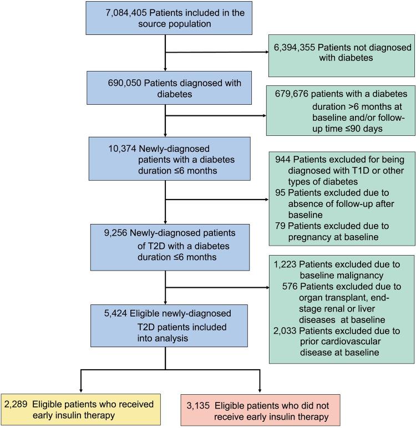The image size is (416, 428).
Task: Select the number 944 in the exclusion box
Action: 283,159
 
